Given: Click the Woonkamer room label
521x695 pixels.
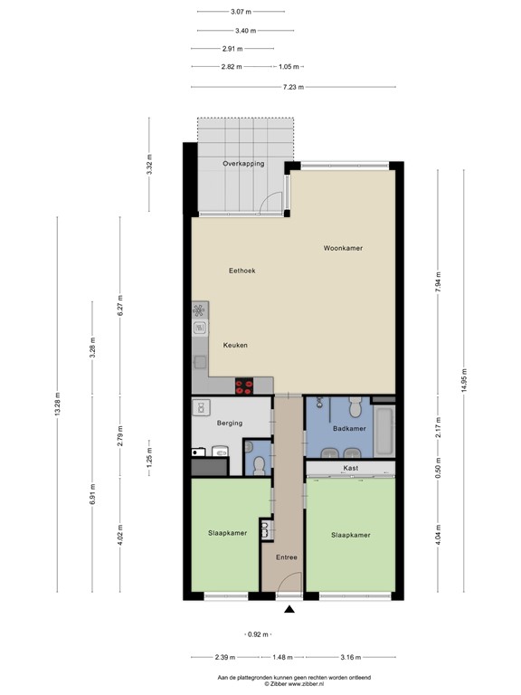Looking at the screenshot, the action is tap(343, 248).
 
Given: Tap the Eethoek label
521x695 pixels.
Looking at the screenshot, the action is tap(242, 271).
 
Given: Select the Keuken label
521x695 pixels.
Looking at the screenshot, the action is tap(235, 345).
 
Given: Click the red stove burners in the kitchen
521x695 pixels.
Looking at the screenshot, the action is tap(244, 386).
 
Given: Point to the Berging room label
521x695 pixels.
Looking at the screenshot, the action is tap(230, 423).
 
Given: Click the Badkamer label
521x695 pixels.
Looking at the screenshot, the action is tap(349, 429).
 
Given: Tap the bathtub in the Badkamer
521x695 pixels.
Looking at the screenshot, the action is tap(384, 431).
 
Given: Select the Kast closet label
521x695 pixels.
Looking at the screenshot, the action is tap(350, 468).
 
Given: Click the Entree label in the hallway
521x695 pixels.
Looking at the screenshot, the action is tap(287, 557).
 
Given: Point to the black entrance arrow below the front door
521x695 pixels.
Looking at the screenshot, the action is tap(289, 609).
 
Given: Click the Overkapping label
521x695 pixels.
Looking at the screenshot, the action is tap(243, 164).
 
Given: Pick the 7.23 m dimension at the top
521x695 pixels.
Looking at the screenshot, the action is tap(293, 87).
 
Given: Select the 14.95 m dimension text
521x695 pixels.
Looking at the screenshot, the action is tap(463, 380).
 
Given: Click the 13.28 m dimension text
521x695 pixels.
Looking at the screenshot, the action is tap(57, 404).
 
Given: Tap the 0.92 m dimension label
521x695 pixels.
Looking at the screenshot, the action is tap(258, 634).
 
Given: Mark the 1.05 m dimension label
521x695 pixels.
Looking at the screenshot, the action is tap(289, 67).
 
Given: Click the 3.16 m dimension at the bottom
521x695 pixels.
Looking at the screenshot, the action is tap(350, 657).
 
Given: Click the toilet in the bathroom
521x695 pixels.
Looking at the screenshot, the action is tap(355, 406).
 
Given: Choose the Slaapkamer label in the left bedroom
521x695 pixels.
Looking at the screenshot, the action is tap(228, 533).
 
